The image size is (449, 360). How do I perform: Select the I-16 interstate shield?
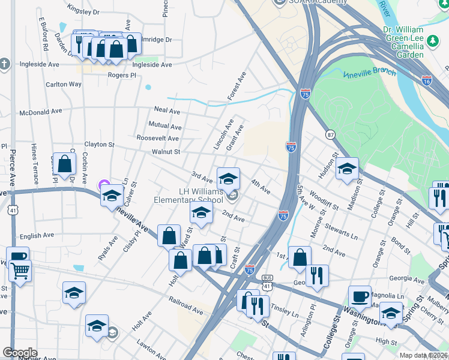click(427, 79)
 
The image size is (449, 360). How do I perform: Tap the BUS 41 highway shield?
click(268, 281)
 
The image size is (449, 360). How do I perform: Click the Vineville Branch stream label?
click(369, 73)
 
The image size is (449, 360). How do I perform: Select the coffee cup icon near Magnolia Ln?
click(360, 295)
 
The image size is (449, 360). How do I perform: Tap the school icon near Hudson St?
click(347, 169)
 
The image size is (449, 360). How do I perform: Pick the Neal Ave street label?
click(167, 111)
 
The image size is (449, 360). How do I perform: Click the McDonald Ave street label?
click(41, 112)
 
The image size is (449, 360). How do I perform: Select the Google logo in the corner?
click(20, 353)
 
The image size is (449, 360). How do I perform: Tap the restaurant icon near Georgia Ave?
click(317, 275)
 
